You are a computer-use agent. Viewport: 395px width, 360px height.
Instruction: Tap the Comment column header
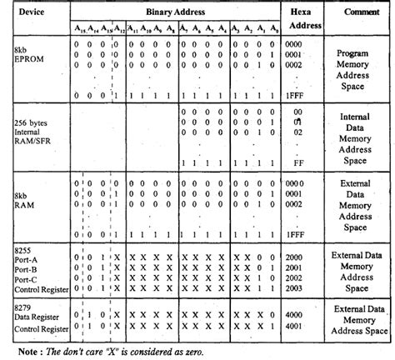(361, 13)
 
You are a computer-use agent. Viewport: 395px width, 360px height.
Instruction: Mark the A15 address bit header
(77, 31)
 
